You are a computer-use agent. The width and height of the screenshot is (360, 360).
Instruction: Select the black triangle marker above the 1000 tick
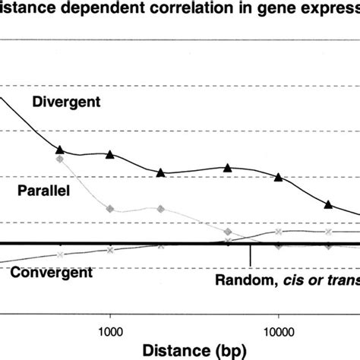pyautogui.click(x=111, y=155)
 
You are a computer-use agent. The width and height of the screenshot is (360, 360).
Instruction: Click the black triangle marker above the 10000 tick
pyautogui.click(x=278, y=178)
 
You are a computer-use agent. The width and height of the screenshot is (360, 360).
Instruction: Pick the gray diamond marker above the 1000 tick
pyautogui.click(x=111, y=209)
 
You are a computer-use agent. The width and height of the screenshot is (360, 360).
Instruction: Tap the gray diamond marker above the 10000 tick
pyautogui.click(x=278, y=246)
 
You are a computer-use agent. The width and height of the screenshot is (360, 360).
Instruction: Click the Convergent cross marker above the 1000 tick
pyautogui.click(x=111, y=250)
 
